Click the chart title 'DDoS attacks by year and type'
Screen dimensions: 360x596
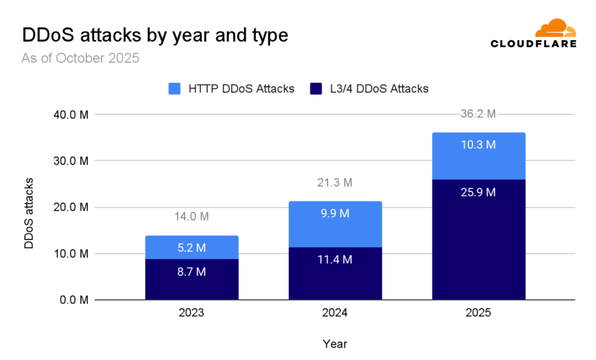(154, 35)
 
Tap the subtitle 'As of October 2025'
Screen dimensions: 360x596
(80, 59)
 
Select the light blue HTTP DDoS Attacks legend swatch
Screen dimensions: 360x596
(175, 89)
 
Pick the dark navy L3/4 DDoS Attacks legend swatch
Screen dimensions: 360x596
(316, 89)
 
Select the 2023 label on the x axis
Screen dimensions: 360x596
(191, 313)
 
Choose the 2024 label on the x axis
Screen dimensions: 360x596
(335, 313)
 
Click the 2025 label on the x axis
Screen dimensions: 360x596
(478, 313)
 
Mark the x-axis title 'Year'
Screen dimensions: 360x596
(335, 344)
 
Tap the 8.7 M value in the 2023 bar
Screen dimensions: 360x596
(191, 272)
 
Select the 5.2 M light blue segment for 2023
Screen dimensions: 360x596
(191, 248)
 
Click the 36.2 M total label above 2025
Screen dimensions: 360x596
(478, 115)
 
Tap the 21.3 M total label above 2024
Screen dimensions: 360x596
(335, 183)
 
